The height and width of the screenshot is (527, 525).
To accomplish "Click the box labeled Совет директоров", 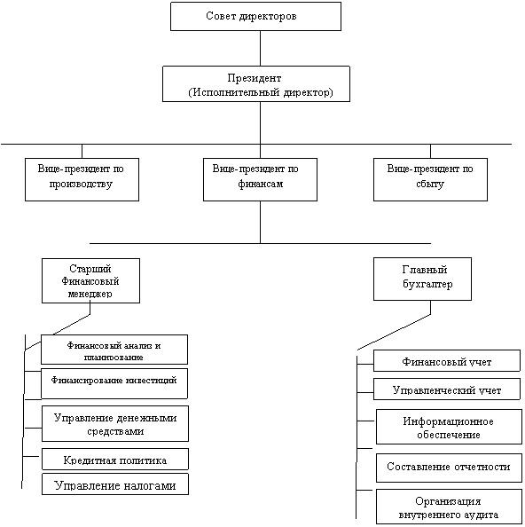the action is (255, 17).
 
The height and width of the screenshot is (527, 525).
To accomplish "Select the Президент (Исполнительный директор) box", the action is (256, 83).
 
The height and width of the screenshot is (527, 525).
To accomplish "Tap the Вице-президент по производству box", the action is (82, 179).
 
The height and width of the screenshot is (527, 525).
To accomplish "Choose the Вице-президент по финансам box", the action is (260, 179).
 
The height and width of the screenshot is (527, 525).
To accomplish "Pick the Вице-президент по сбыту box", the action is (430, 179).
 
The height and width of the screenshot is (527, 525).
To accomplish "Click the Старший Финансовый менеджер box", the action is (90, 280).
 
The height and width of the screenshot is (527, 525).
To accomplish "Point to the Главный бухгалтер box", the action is (422, 279).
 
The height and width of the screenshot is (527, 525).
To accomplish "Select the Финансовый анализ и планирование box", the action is (114, 350).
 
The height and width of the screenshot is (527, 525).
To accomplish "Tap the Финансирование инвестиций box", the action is (114, 383).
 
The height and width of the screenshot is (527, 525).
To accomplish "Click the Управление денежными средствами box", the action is (115, 423).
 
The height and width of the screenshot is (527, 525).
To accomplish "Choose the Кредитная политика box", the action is (115, 459).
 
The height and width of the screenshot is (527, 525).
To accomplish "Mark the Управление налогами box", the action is (115, 484).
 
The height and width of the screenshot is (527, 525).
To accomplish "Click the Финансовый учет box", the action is (447, 360).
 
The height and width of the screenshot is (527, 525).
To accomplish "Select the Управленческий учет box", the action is (447, 389).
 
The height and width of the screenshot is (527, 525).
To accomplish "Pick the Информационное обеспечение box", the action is (449, 427).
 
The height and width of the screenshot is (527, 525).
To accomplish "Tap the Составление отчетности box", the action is (449, 468).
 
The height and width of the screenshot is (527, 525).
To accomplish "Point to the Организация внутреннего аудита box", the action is (449, 507).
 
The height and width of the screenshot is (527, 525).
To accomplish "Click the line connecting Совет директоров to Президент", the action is (261, 49).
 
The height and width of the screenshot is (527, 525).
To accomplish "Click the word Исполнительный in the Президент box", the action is (237, 92).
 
